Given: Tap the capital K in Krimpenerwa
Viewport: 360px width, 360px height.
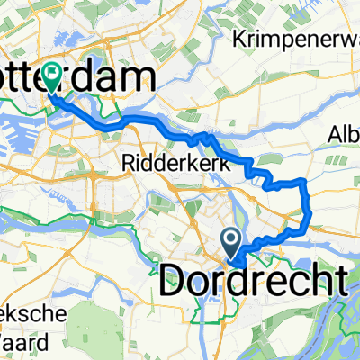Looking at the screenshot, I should pyautogui.click(x=239, y=40).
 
